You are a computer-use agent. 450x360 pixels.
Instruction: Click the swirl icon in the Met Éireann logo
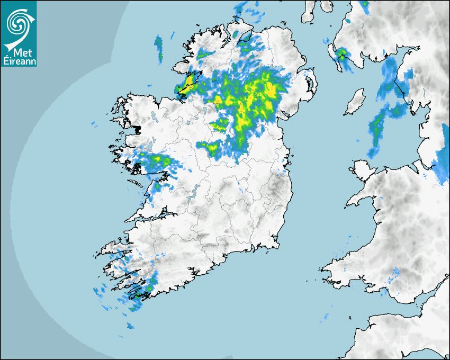click(18, 24)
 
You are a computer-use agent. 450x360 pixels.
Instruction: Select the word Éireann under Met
click(19, 61)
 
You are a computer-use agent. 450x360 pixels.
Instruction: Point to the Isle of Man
click(355, 102)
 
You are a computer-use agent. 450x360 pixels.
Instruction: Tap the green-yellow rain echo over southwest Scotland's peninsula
click(342, 54)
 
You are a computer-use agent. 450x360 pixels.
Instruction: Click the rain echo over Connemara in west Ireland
click(156, 160)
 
